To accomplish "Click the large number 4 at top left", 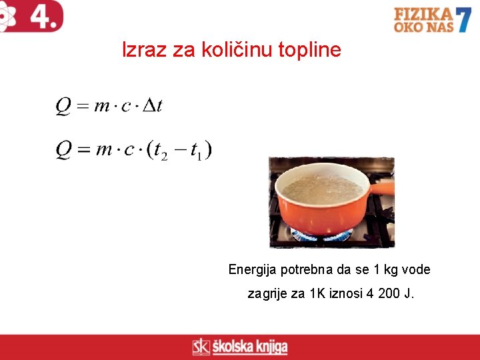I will pyautogui.click(x=43, y=16).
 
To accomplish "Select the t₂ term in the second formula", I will pyautogui.click(x=161, y=151).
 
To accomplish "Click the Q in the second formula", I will pyautogui.click(x=63, y=150).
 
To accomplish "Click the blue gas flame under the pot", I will pyautogui.click(x=320, y=235).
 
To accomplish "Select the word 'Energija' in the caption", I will pyautogui.click(x=253, y=270).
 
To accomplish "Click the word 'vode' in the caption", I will pyautogui.click(x=416, y=270).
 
